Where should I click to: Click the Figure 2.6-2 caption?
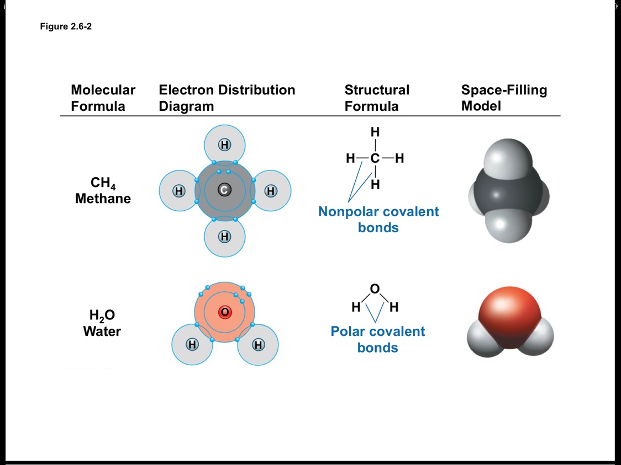(x=66, y=26)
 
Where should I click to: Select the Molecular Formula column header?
(x=103, y=98)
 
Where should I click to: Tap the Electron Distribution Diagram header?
(x=227, y=98)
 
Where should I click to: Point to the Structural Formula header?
(x=377, y=98)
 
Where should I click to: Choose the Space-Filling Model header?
(x=504, y=98)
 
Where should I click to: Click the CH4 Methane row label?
(x=103, y=191)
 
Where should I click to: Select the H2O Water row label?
(x=102, y=323)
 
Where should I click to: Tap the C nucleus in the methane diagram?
(x=224, y=190)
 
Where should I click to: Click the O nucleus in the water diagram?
(x=224, y=312)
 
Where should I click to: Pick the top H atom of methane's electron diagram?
(x=224, y=145)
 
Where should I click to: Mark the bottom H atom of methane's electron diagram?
(x=224, y=237)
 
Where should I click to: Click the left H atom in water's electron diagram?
(x=192, y=345)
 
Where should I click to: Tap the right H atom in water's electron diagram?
(x=257, y=345)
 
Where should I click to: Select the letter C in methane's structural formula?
(x=375, y=159)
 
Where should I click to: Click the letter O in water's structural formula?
(x=375, y=288)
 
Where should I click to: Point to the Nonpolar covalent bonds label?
(x=378, y=220)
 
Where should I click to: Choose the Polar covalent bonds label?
(x=378, y=339)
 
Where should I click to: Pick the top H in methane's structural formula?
(x=375, y=132)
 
